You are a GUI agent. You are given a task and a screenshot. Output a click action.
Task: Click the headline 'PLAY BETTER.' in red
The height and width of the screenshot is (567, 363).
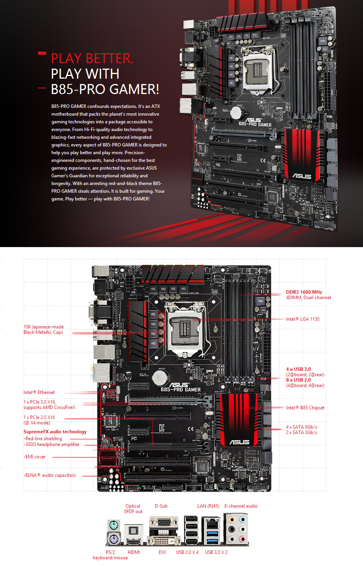click(92, 59)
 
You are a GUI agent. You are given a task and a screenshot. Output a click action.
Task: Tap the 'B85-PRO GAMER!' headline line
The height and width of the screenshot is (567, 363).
click(105, 89)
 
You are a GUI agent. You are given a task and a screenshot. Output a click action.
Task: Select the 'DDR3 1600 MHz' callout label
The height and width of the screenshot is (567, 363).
click(304, 292)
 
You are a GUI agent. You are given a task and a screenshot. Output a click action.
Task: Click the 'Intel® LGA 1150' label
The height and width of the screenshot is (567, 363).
click(302, 319)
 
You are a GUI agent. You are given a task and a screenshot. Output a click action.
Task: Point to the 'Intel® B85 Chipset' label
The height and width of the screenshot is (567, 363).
click(305, 408)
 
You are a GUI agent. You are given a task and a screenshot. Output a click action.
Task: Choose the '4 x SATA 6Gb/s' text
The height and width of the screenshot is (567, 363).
click(301, 427)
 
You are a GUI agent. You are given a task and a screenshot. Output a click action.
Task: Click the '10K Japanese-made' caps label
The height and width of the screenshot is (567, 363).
click(44, 327)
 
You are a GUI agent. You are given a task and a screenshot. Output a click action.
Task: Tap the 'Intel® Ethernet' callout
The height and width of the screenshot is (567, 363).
click(39, 392)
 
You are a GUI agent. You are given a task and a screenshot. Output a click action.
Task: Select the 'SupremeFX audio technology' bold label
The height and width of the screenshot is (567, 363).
click(55, 432)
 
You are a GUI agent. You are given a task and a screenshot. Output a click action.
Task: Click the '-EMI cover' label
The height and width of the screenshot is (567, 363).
click(35, 457)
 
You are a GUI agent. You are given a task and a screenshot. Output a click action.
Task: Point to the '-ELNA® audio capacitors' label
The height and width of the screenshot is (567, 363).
click(50, 475)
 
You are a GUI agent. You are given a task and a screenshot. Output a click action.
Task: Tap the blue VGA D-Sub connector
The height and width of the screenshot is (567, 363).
click(164, 523)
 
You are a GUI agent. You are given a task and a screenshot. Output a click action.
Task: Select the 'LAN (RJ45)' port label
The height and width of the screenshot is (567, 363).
click(208, 506)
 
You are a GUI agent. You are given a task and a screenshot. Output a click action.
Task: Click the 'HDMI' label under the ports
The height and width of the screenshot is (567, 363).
click(134, 552)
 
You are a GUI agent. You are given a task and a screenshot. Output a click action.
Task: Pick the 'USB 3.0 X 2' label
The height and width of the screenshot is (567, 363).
click(216, 552)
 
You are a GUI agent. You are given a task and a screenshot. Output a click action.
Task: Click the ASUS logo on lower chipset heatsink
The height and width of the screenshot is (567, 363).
click(239, 442)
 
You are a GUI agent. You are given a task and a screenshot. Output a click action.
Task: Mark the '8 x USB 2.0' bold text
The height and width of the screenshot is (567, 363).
click(298, 380)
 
